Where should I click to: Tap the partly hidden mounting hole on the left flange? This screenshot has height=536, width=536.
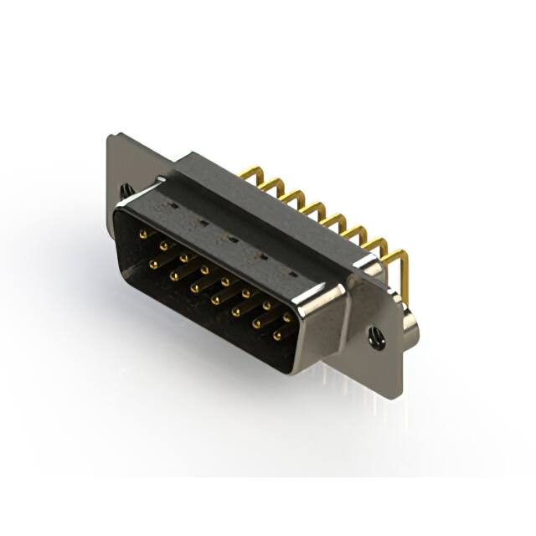pyautogui.click(x=125, y=191)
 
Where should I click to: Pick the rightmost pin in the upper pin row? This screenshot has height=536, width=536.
pyautogui.click(x=287, y=317)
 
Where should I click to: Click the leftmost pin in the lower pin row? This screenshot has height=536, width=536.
pyautogui.click(x=154, y=264)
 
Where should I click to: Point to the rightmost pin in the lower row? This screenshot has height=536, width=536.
pyautogui.click(x=277, y=335)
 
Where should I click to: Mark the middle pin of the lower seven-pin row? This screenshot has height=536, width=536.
pyautogui.click(x=215, y=299)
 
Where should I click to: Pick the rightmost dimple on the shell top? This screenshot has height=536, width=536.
pyautogui.click(x=292, y=273)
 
